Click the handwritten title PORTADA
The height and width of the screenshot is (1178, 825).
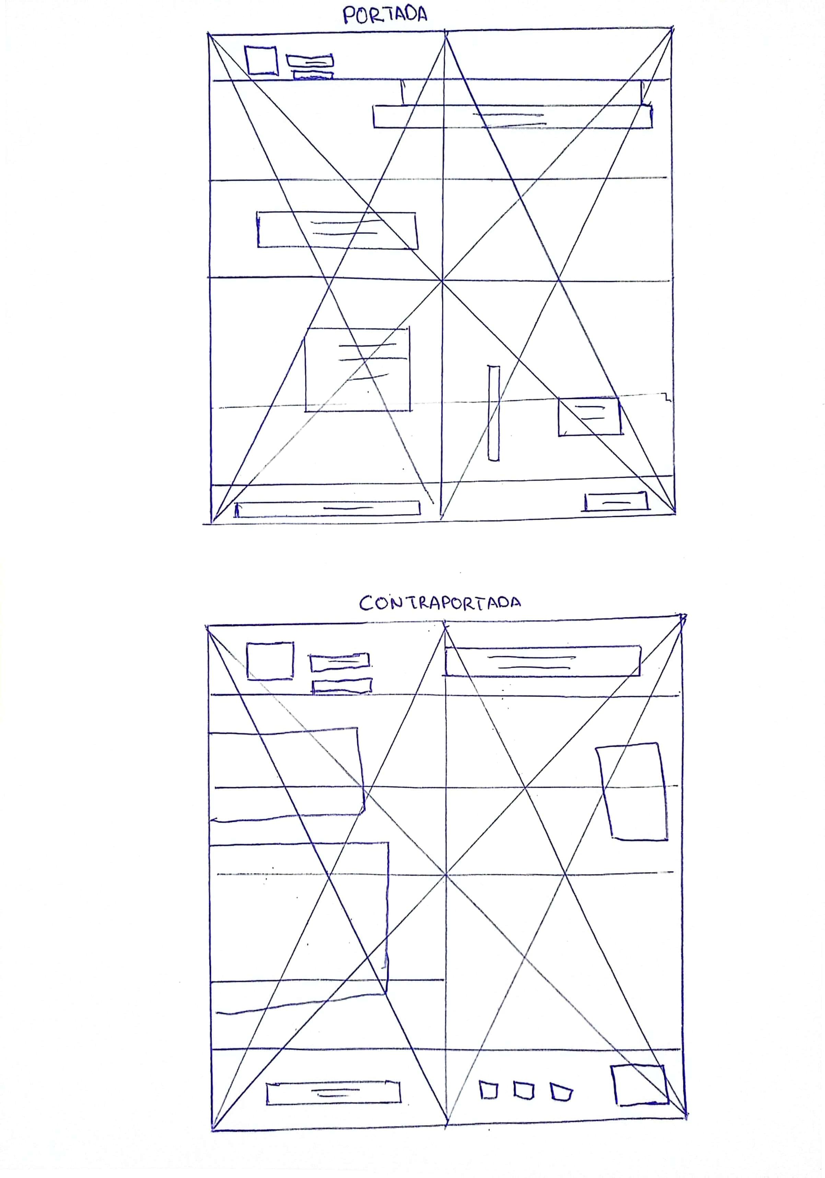pos(385,14)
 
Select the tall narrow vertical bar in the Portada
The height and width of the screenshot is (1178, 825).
pos(493,413)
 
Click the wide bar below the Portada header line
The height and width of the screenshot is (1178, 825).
pos(513,116)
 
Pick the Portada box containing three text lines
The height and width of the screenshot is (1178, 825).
pos(357,369)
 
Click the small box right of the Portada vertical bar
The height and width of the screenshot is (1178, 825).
pos(590,416)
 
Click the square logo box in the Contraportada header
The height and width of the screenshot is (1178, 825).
pos(270,661)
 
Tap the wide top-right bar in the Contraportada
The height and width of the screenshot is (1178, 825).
pos(543,661)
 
